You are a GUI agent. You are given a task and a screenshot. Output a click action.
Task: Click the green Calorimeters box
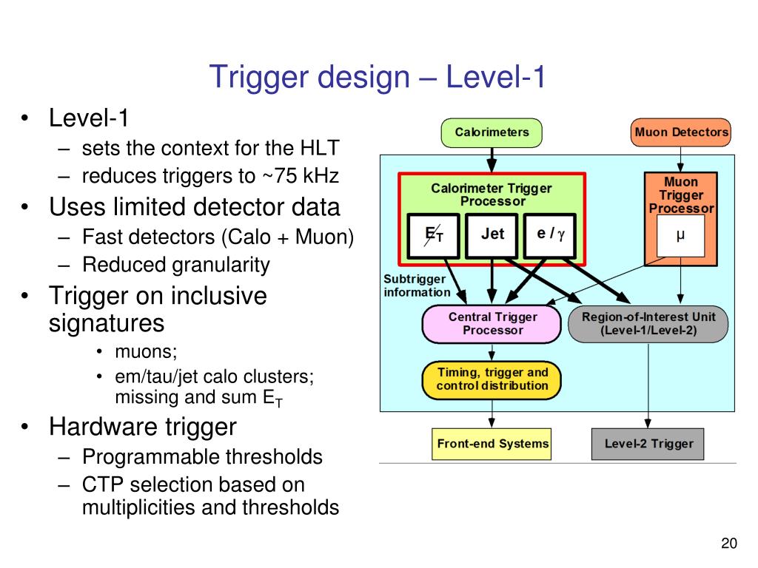coord(492,132)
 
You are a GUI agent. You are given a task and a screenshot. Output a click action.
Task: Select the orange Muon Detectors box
coord(681,132)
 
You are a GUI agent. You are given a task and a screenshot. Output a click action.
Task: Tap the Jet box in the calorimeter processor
coord(492,234)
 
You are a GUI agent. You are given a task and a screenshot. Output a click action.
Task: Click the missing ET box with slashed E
coord(434,234)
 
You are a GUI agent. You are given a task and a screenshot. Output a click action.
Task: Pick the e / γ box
coord(550,234)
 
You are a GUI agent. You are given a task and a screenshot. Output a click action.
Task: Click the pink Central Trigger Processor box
coord(492,324)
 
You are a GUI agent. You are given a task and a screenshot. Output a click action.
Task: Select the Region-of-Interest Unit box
coord(648,324)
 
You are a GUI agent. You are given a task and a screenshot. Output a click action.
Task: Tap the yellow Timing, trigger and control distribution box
coord(492,379)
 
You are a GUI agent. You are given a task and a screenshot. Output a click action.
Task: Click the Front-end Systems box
coord(492,444)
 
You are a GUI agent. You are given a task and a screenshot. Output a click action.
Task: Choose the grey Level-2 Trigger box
coord(648,444)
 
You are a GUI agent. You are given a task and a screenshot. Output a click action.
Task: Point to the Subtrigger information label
coord(416,285)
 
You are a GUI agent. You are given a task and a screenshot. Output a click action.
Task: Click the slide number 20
coord(728,544)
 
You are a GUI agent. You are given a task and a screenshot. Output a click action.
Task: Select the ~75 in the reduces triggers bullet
coord(275,176)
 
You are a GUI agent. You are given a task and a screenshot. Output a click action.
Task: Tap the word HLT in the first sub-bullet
coord(319,148)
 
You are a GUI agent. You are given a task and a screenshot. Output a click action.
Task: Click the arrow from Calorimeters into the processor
coord(492,159)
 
